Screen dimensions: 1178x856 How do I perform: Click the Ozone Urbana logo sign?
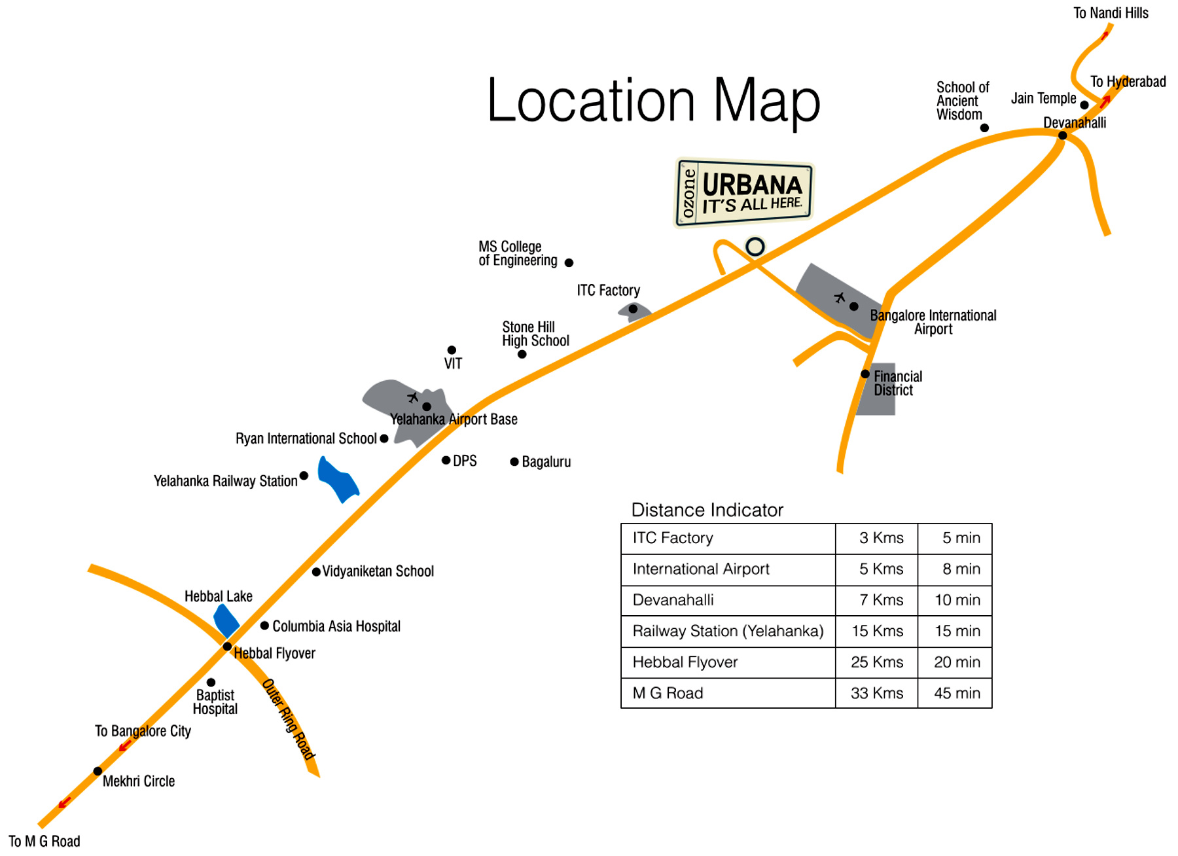coord(744,192)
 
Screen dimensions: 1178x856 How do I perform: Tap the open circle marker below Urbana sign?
coord(755,247)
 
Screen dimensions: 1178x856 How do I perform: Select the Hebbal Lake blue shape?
coord(226,620)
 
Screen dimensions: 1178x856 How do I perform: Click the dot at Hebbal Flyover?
coord(227,647)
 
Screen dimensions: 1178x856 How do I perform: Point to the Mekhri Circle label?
coord(139,781)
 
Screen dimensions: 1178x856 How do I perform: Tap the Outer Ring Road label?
coord(289,719)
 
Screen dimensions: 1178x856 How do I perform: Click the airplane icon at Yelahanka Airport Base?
coord(413,397)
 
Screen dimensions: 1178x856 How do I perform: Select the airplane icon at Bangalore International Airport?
coord(840,298)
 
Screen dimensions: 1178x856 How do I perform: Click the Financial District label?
coord(897,383)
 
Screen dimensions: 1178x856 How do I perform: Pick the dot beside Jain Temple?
coord(1084,105)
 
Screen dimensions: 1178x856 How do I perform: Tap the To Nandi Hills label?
coord(1111,13)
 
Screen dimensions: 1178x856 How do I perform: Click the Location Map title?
coord(653,101)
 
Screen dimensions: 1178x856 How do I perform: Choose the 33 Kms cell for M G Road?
coord(877,693)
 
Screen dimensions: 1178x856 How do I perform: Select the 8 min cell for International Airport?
coord(961,569)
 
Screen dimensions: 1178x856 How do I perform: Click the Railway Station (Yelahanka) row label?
coord(728,631)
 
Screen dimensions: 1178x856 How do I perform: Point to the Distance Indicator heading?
coord(707,510)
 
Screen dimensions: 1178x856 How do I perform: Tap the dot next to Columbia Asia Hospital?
coord(264,626)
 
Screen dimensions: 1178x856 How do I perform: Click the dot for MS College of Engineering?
coord(569,262)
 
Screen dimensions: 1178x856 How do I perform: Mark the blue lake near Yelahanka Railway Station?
coord(338,479)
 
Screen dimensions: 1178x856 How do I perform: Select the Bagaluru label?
coord(546,462)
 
